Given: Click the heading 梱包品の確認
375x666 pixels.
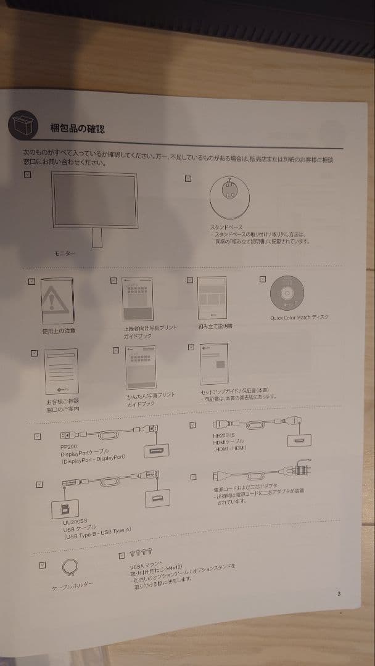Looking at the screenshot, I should click(x=77, y=128).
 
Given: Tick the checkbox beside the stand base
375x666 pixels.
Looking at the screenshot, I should click(x=188, y=179).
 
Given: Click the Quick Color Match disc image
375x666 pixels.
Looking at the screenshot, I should click(x=287, y=294).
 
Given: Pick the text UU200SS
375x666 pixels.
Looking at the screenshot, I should click(x=74, y=523).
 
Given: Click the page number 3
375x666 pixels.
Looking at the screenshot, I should click(x=339, y=594).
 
